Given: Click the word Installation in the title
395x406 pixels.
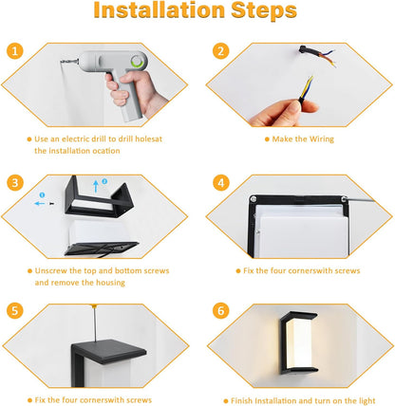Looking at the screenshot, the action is pyautogui.click(x=159, y=10).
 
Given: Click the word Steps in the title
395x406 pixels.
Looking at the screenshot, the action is pyautogui.click(x=264, y=11).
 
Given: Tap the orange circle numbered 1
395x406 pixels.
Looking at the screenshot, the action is pyautogui.click(x=15, y=50).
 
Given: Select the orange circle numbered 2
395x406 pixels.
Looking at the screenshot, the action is pyautogui.click(x=220, y=51).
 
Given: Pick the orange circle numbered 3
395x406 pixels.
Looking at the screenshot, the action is pyautogui.click(x=15, y=183).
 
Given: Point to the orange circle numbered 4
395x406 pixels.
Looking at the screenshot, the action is pyautogui.click(x=220, y=183).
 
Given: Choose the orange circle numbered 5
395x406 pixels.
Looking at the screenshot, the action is pyautogui.click(x=15, y=310).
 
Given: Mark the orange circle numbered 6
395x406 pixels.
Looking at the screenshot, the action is pyautogui.click(x=220, y=310).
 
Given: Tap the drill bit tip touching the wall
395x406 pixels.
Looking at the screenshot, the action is pyautogui.click(x=61, y=62).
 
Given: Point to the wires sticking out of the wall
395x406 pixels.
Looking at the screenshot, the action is pyautogui.click(x=317, y=56).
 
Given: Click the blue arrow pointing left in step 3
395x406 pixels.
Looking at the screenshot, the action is pyautogui.click(x=40, y=203).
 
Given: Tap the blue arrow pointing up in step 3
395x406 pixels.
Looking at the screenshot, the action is pyautogui.click(x=96, y=187).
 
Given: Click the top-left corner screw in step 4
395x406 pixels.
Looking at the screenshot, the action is pyautogui.click(x=254, y=199).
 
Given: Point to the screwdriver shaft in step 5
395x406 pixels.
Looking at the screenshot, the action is pyautogui.click(x=95, y=323).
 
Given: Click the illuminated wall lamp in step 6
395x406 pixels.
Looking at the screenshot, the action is pyautogui.click(x=298, y=342).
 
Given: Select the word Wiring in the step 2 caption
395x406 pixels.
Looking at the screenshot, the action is pyautogui.click(x=322, y=139).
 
